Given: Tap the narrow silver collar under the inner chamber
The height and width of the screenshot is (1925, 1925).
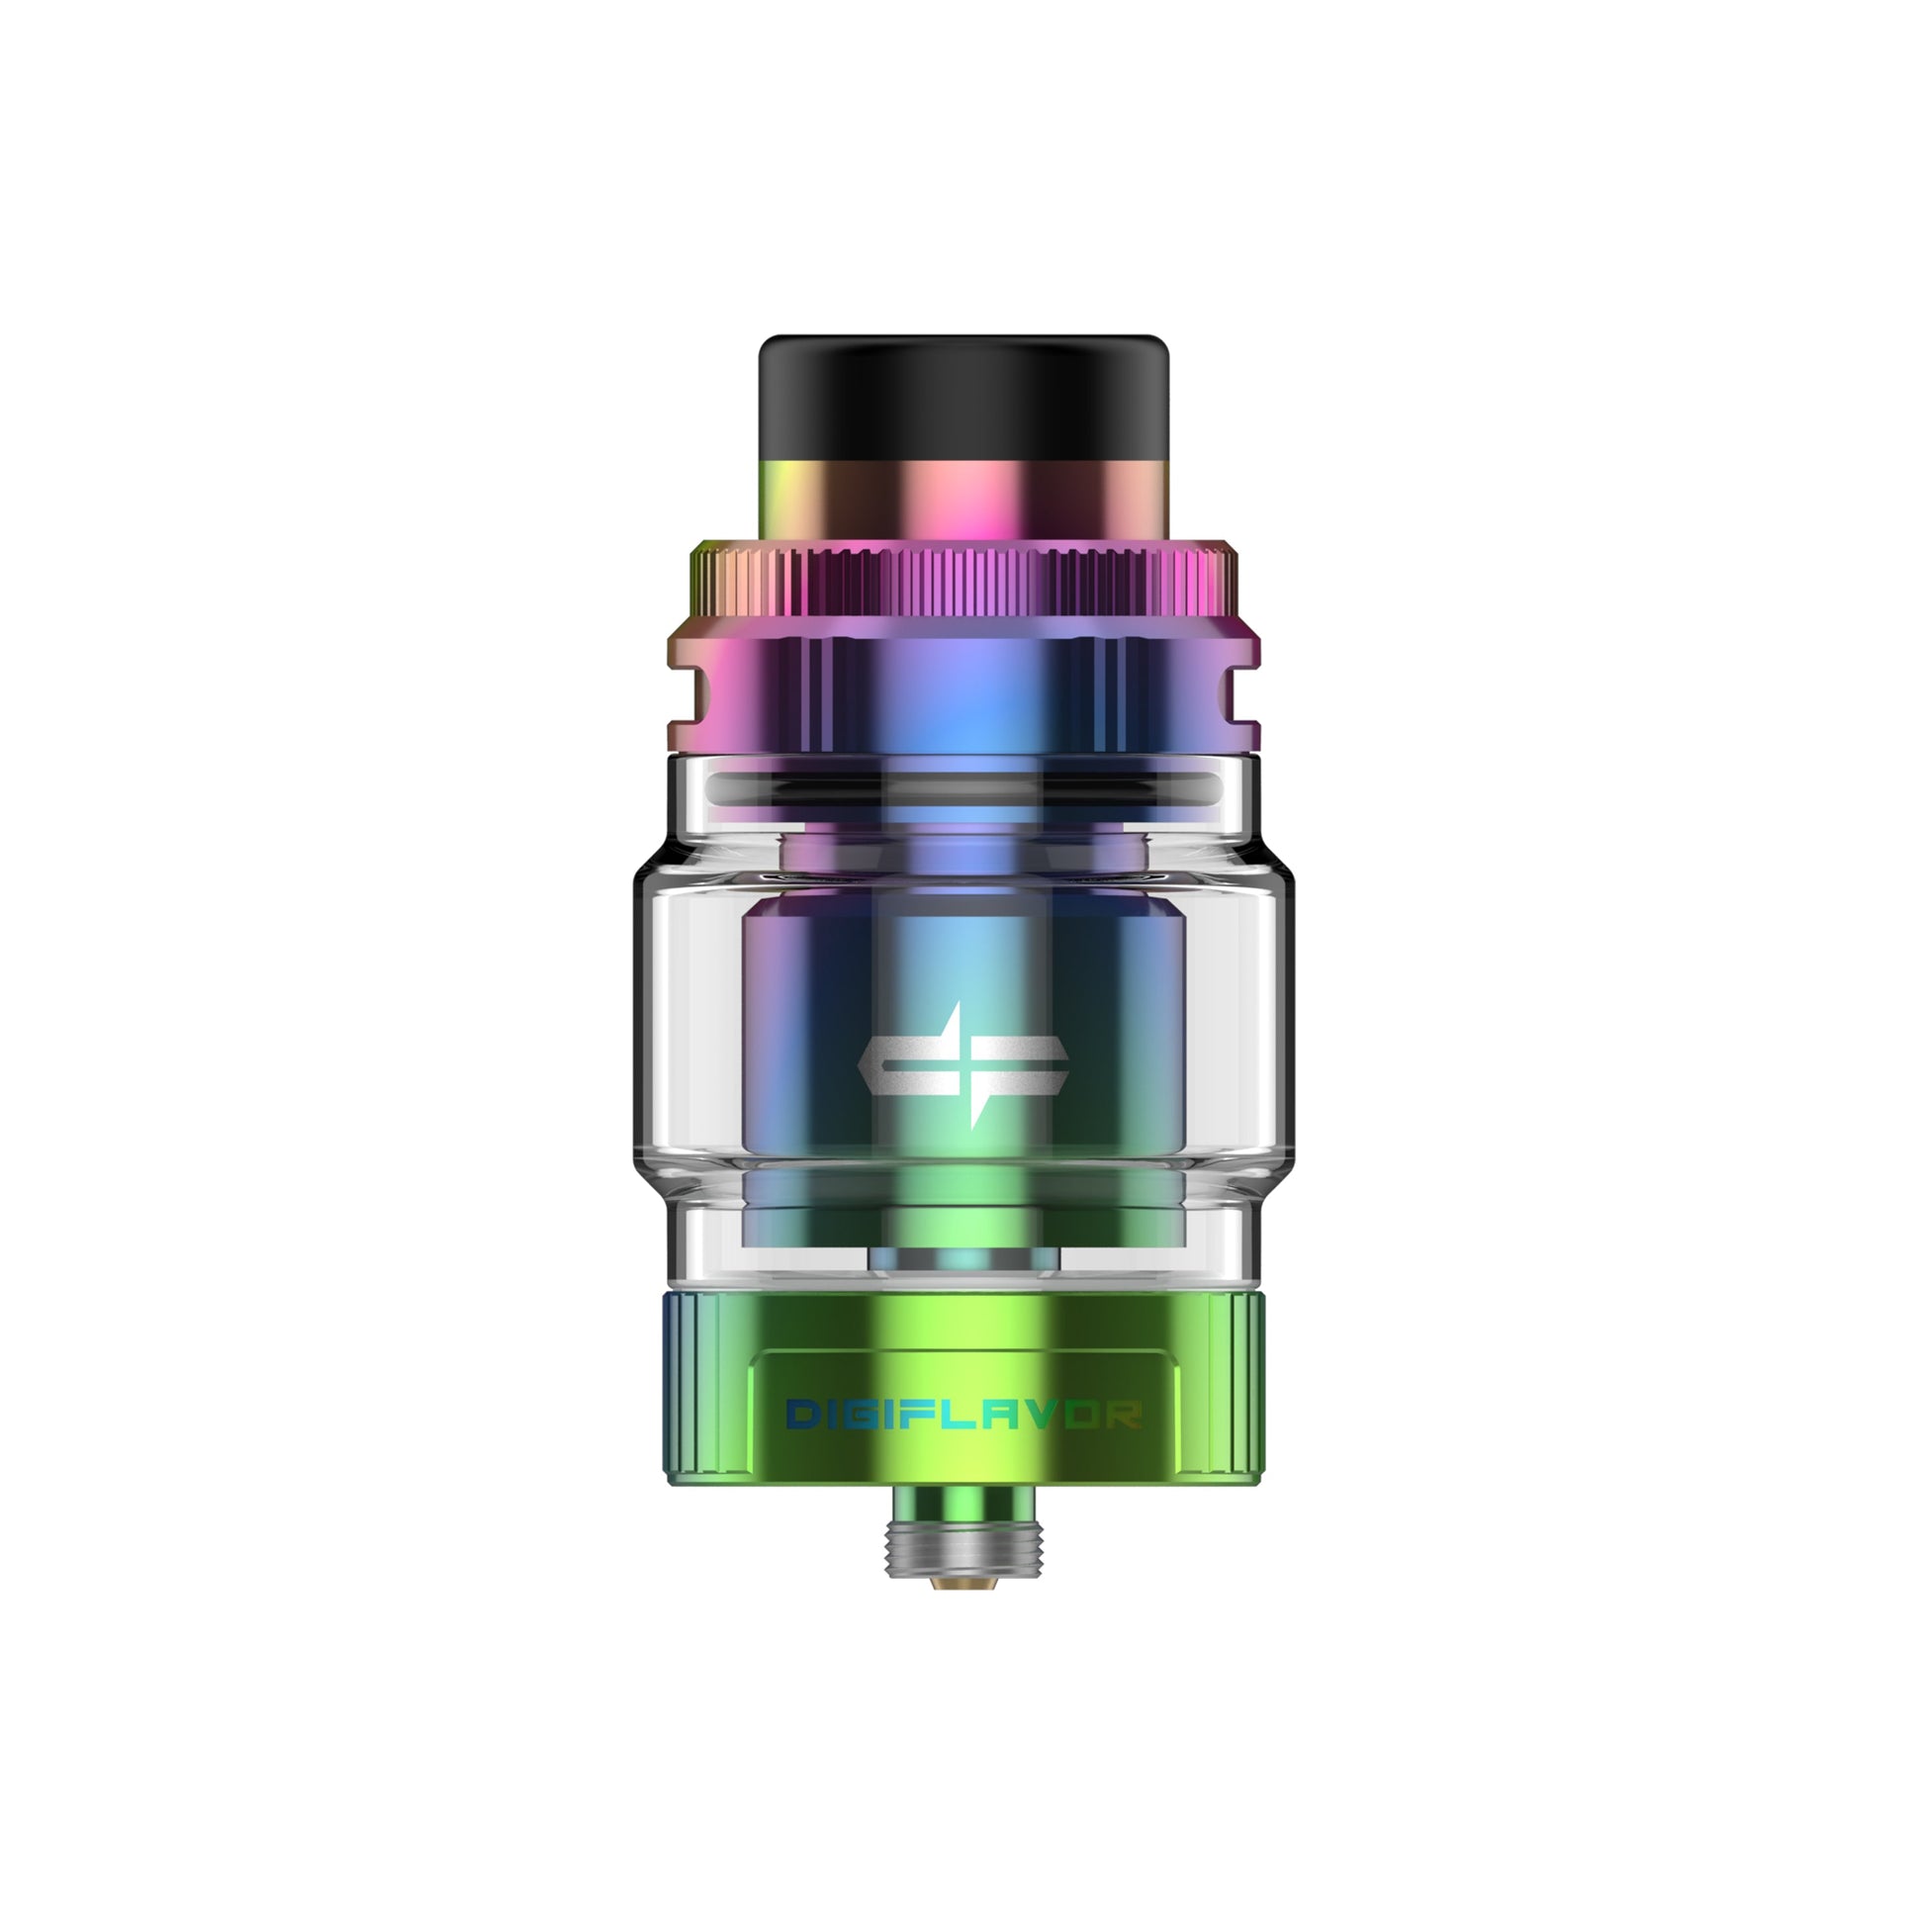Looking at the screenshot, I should point(962,1260).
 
